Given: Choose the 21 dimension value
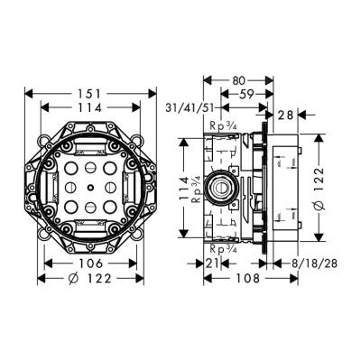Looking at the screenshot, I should coord(212,263).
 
